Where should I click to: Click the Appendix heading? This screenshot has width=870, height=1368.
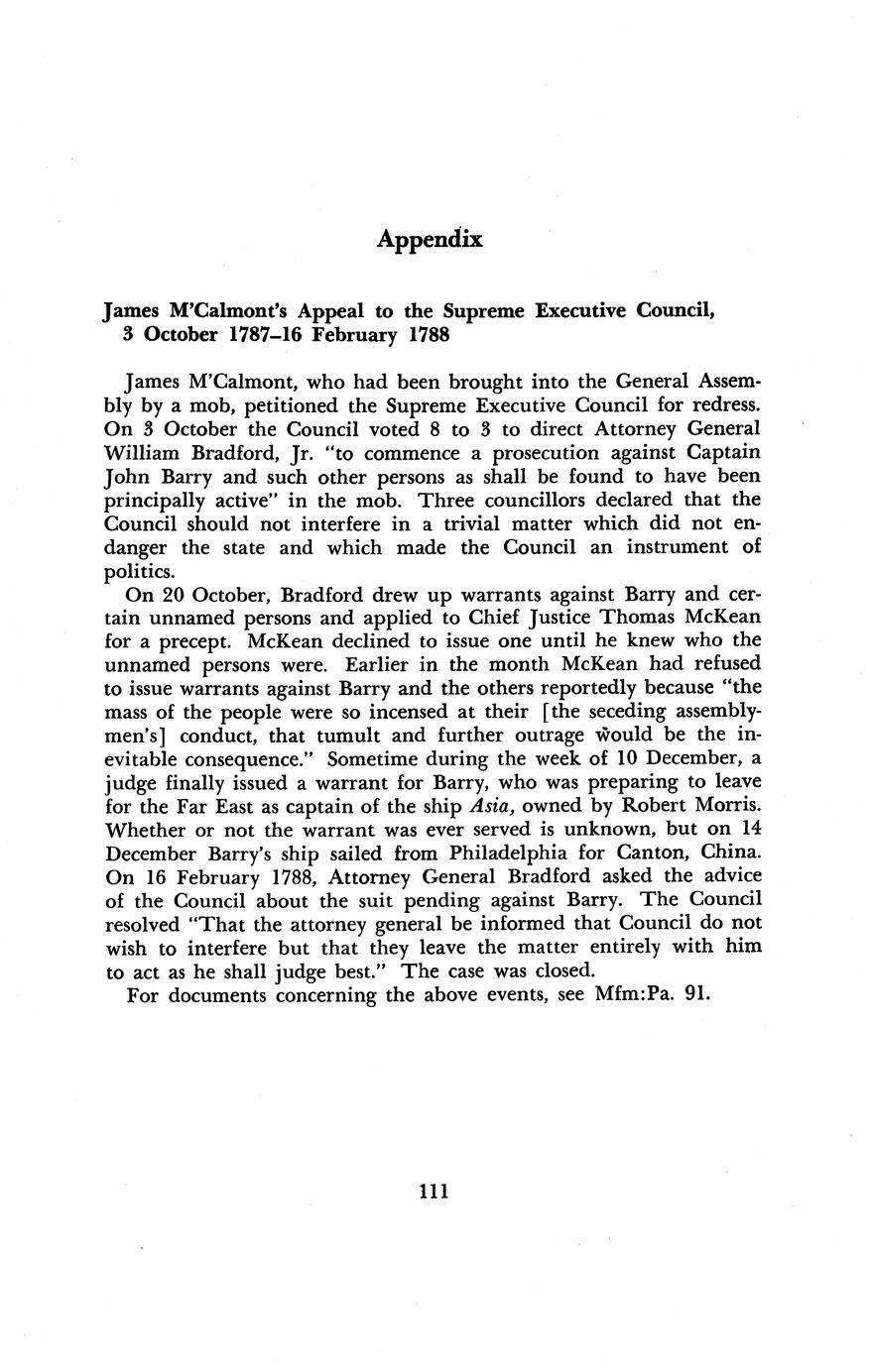click(430, 240)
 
